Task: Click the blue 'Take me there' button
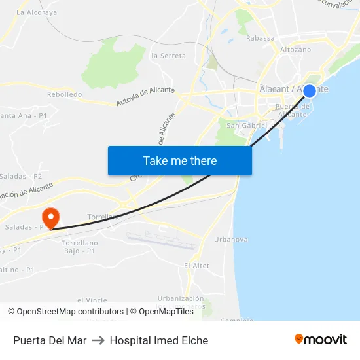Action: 180,160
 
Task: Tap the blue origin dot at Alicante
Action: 310,91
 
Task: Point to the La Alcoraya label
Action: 37,12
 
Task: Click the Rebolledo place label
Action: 64,94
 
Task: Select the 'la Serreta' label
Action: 168,56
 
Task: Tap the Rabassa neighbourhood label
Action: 260,38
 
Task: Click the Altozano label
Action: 295,50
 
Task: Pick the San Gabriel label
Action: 246,125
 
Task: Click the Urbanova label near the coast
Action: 231,240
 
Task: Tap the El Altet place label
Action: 196,266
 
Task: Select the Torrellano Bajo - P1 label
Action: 79,247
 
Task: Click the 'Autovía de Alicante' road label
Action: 145,97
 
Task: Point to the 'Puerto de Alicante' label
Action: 291,110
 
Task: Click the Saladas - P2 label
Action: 20,177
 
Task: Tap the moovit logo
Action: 321,339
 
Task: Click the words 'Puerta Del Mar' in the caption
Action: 50,340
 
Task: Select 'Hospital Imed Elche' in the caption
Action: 159,340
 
